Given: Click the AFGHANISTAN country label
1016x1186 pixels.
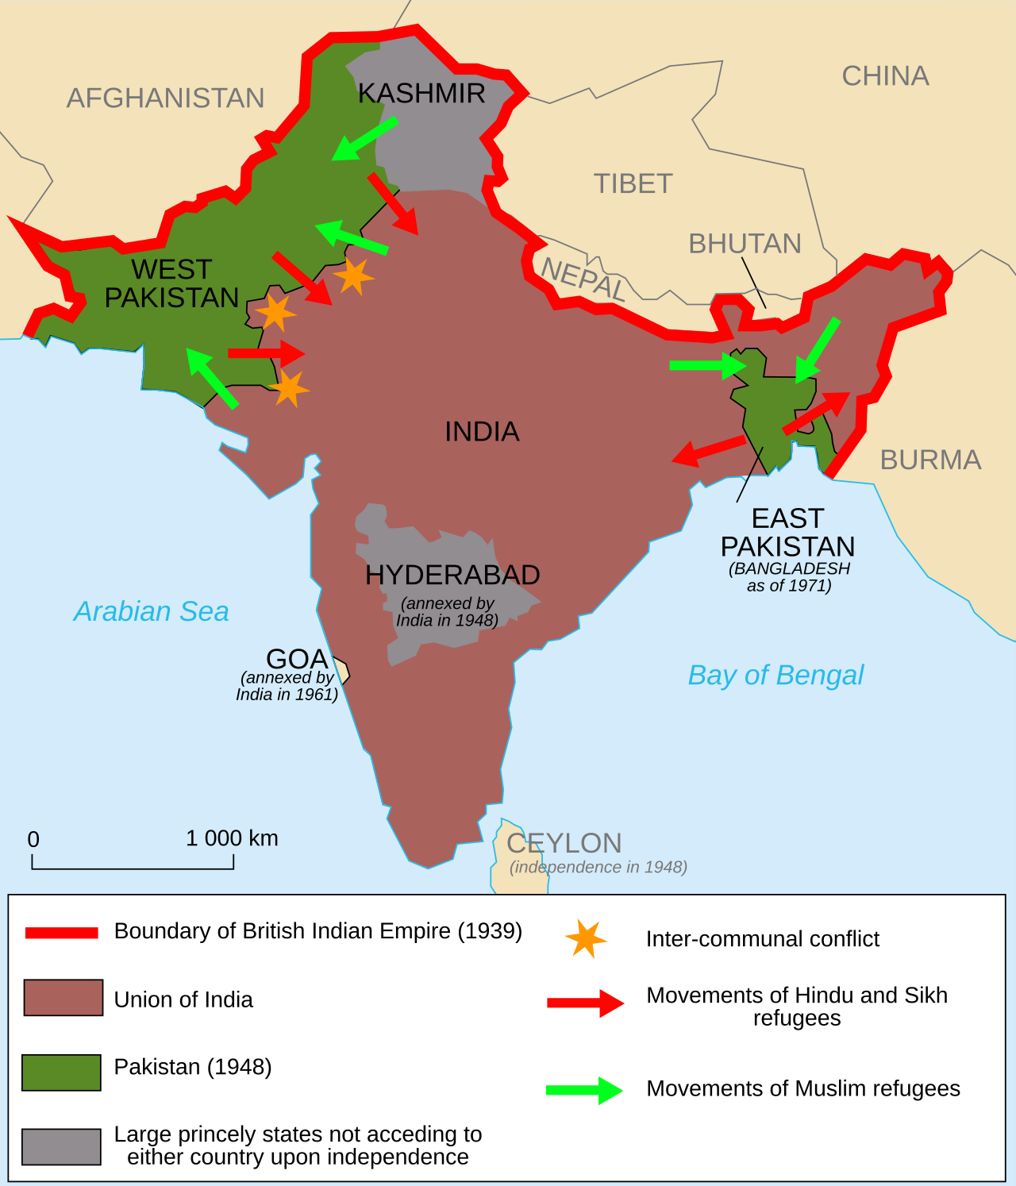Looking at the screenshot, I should (165, 98).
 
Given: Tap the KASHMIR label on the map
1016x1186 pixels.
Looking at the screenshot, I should (421, 94).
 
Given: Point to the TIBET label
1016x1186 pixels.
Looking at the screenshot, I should (633, 184).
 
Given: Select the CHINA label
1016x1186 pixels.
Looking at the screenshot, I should (885, 76).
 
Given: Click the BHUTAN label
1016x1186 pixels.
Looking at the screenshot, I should (745, 244).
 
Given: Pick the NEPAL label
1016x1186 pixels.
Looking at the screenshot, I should (583, 279).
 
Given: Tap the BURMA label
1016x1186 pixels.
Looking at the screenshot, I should (930, 460).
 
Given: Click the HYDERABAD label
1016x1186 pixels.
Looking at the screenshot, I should (452, 575).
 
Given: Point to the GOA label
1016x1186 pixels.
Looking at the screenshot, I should (297, 659).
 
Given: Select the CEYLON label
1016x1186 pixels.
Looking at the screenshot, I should (564, 843).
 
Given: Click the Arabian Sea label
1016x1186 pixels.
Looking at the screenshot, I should (152, 611).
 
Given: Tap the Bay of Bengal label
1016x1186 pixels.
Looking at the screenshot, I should (775, 675).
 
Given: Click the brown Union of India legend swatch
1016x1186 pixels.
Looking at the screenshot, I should (63, 998).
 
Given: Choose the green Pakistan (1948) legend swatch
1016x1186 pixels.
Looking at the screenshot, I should (61, 1072).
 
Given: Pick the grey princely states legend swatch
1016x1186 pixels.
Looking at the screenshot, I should (61, 1147).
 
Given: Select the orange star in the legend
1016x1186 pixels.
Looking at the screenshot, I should (586, 939).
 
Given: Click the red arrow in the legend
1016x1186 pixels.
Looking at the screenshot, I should (585, 1003).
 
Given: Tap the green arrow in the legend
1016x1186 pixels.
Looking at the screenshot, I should (584, 1090).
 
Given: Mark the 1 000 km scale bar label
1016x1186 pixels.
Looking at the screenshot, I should (232, 838).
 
